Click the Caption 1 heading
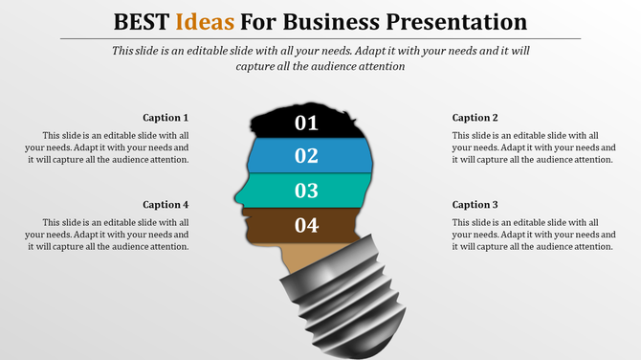tap(166, 118)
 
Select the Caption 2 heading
tap(475, 118)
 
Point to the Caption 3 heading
tap(475, 204)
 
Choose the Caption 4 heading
tap(166, 204)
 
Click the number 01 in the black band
tap(306, 123)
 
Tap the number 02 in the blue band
tap(306, 156)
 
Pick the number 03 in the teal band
tap(306, 191)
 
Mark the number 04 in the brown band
tap(306, 226)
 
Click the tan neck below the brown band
tap(297, 257)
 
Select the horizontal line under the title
tap(320, 38)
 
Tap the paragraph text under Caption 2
tap(533, 147)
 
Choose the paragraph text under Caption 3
tap(533, 234)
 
